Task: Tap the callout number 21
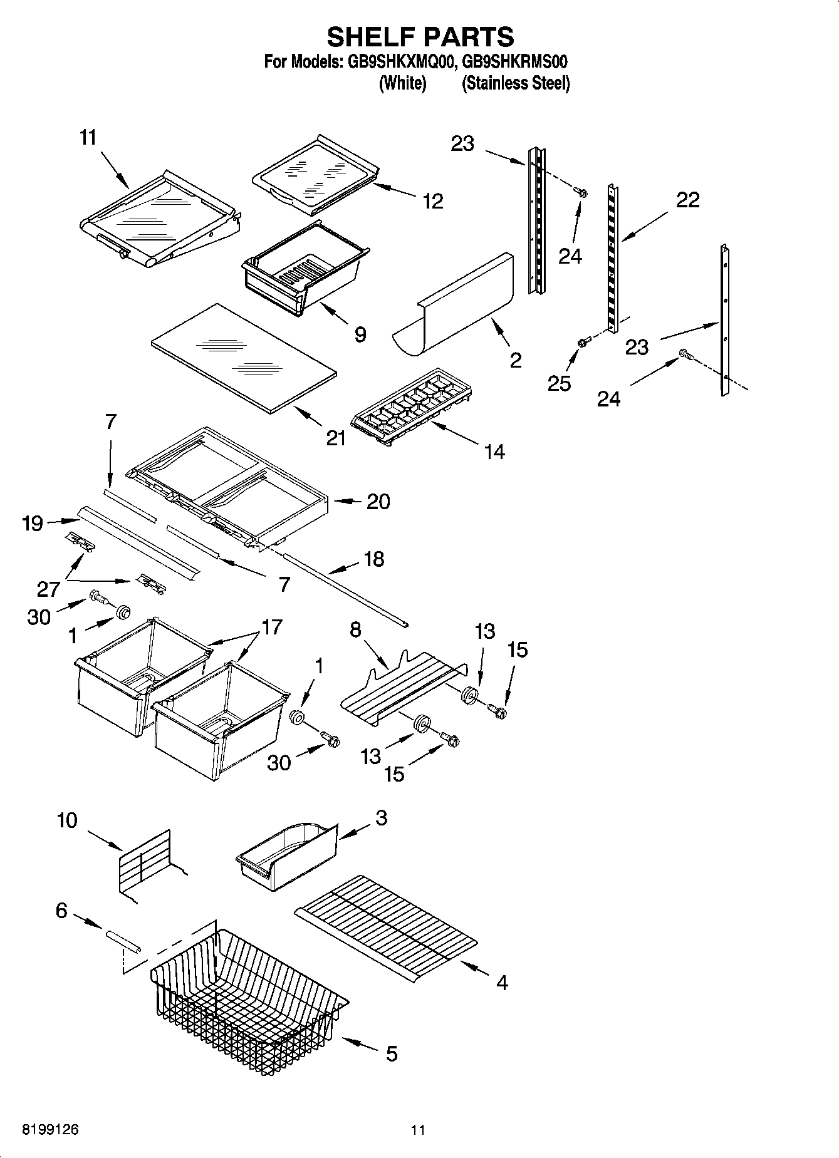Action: pos(336,438)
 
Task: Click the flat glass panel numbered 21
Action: pos(244,358)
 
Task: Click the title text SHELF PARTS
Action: pos(420,37)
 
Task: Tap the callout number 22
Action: pos(687,200)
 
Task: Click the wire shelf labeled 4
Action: pos(387,924)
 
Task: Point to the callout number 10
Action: pos(67,820)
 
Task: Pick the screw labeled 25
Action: pos(584,341)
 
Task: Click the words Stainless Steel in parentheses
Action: pos(516,83)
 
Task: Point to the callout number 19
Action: pos(33,523)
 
